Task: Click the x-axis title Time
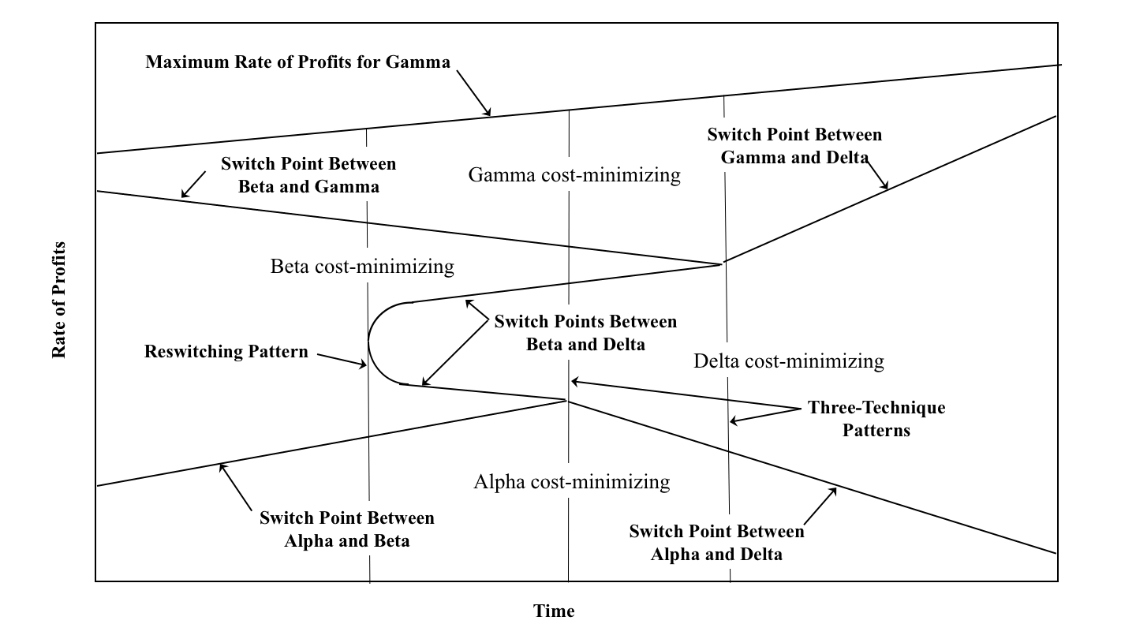[554, 611]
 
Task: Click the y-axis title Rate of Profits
[59, 300]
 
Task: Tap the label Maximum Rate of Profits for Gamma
[297, 62]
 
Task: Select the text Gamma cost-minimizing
[574, 174]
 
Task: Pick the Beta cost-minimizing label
[362, 266]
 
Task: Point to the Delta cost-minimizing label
[789, 361]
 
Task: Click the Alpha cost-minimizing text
[572, 481]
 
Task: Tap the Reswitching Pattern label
[226, 351]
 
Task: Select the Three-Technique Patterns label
[876, 419]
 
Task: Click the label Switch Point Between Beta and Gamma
[308, 175]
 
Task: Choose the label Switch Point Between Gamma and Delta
[794, 145]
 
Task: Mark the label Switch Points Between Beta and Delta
[585, 333]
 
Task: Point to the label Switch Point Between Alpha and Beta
[347, 529]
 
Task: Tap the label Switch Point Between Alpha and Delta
[716, 542]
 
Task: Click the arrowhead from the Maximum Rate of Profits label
[488, 113]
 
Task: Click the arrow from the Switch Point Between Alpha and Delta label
[820, 505]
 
